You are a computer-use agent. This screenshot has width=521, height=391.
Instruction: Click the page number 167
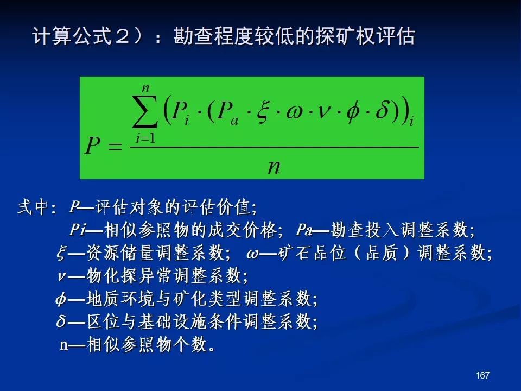click(x=482, y=375)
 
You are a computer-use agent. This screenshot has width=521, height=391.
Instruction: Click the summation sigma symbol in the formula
click(x=144, y=111)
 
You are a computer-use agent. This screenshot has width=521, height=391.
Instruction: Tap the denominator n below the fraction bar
click(x=274, y=166)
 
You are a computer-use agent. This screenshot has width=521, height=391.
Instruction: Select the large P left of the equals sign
click(x=92, y=146)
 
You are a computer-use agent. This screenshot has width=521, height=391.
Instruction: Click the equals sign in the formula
click(x=115, y=146)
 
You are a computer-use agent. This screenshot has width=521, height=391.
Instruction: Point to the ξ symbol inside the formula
click(x=262, y=111)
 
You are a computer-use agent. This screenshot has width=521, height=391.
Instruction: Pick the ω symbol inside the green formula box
click(x=294, y=113)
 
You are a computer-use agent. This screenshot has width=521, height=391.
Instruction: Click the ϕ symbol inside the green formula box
click(x=352, y=111)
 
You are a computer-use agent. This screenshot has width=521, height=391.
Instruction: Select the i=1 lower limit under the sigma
click(x=145, y=137)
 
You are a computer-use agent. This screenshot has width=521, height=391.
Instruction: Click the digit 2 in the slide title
click(x=122, y=36)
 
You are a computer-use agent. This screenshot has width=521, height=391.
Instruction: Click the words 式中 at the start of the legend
click(x=33, y=207)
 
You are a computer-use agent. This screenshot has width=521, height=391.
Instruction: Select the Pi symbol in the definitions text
click(x=78, y=229)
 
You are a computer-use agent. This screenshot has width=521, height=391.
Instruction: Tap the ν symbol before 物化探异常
click(x=61, y=276)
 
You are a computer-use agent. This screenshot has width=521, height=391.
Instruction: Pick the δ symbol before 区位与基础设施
click(x=61, y=320)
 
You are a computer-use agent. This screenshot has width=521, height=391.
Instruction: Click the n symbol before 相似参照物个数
click(x=64, y=345)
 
